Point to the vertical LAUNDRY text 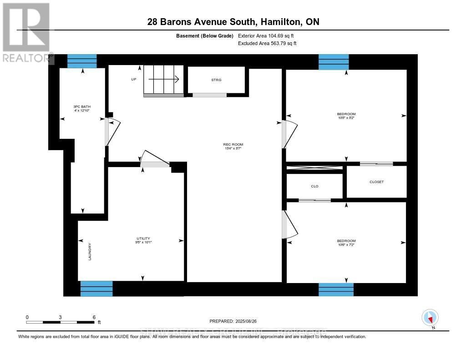tap(90, 251)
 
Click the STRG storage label tap(216, 80)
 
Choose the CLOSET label tap(376, 182)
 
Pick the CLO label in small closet tap(314, 186)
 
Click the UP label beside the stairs tap(133, 79)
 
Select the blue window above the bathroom tap(82, 61)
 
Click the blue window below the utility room tap(96, 289)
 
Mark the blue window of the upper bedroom tap(334, 61)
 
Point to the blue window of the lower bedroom tap(336, 289)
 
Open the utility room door tap(154, 159)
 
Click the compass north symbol tap(430, 317)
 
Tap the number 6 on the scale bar tap(94, 317)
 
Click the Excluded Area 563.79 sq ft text tap(267, 43)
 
